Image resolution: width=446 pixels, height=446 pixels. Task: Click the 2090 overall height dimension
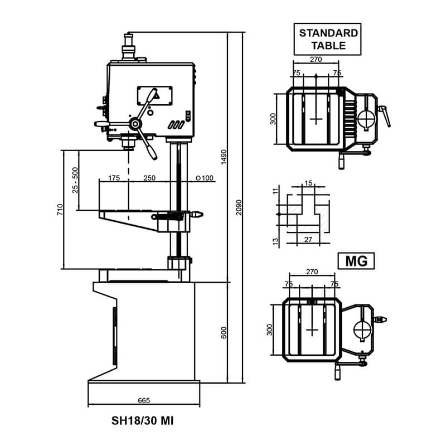tap(239, 207)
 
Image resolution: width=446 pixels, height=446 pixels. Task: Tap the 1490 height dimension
tap(224, 157)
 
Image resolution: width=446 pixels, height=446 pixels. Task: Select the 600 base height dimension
tap(224, 333)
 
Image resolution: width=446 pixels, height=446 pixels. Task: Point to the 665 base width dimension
tap(144, 400)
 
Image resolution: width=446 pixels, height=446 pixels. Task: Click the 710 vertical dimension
tap(60, 210)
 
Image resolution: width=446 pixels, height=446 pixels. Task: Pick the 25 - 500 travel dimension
tap(75, 180)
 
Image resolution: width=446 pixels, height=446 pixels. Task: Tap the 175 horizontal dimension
tap(114, 178)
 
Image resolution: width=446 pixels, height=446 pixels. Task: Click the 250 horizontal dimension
tap(149, 178)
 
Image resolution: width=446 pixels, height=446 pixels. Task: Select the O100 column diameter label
tap(205, 178)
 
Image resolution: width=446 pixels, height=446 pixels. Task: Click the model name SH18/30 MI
tap(142, 421)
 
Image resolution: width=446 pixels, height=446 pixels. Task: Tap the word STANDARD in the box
tap(328, 33)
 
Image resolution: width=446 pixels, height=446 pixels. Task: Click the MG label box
tap(356, 261)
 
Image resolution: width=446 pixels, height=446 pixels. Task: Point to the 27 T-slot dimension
tap(308, 240)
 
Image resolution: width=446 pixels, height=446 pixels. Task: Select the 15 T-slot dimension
tap(308, 183)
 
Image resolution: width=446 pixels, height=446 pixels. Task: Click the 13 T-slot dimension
tap(275, 241)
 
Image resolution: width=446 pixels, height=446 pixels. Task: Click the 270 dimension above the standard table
tap(316, 60)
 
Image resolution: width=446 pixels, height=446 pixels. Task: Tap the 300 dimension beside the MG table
tap(269, 330)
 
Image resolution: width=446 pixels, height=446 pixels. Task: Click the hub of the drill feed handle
tap(135, 124)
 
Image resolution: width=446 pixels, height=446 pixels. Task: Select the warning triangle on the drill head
tap(156, 96)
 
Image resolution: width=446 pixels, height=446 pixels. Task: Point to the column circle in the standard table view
tap(366, 119)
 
